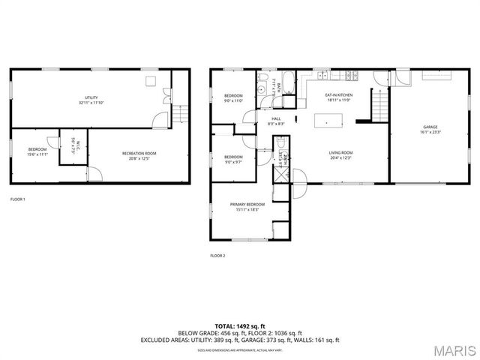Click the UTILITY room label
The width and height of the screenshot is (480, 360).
pyautogui.click(x=91, y=97)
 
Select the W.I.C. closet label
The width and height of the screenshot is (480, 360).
pyautogui.click(x=73, y=144)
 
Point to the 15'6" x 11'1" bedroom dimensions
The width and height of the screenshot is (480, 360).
pyautogui.click(x=37, y=154)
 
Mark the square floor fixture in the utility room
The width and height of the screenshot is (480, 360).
pyautogui.click(x=150, y=80)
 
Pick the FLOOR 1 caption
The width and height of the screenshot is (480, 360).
pyautogui.click(x=17, y=199)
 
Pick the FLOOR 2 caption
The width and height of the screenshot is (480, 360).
pyautogui.click(x=217, y=256)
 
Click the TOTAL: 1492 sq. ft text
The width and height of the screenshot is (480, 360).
pyautogui.click(x=240, y=325)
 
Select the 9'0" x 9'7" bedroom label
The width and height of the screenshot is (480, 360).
pyautogui.click(x=234, y=159)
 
